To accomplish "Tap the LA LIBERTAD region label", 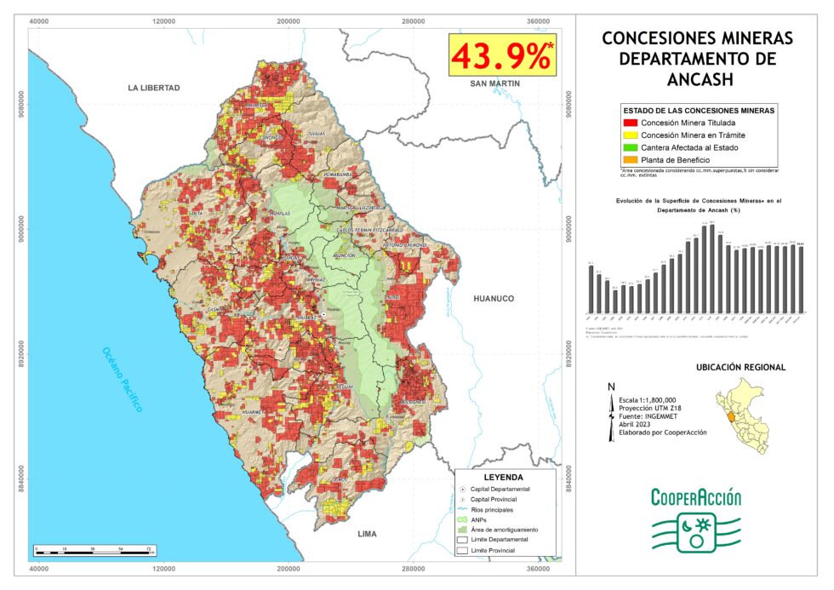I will [154, 88].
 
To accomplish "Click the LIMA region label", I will [367, 534].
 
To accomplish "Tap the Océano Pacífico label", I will [122, 379].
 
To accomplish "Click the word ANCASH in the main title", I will [697, 79].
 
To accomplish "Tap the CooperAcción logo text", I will [696, 498].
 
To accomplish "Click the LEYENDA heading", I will [504, 478].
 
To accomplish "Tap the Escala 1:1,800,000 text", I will [648, 399].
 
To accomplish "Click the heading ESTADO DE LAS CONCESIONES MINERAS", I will [698, 111].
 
